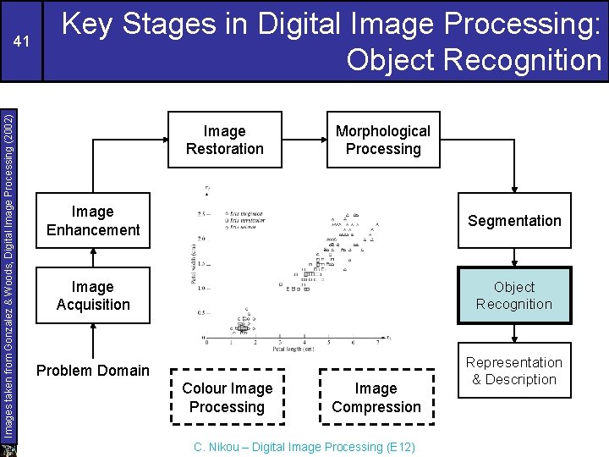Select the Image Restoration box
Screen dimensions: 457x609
tap(225, 140)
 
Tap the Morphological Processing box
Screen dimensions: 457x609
tap(383, 140)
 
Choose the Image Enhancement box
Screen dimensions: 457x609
tap(93, 221)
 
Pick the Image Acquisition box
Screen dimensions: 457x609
tap(93, 296)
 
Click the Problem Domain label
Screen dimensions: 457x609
tap(93, 370)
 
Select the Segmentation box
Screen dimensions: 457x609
tap(514, 221)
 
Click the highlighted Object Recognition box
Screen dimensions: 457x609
tap(514, 296)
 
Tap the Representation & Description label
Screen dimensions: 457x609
tap(514, 371)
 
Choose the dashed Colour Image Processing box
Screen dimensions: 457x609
tap(228, 398)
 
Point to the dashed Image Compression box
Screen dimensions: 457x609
tap(376, 398)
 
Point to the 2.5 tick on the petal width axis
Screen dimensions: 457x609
tap(202, 212)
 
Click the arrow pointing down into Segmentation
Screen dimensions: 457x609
tap(514, 185)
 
